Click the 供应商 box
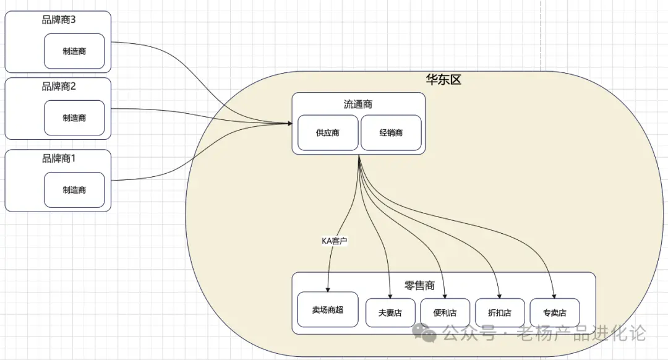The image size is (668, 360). pos(328,132)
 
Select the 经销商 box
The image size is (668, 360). pos(391,132)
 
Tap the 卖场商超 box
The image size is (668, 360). pos(327,309)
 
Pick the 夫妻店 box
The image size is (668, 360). pos(390,312)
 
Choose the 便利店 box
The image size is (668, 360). pos(445,312)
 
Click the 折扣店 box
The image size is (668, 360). pos(500,312)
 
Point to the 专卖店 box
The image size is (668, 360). pos(554,312)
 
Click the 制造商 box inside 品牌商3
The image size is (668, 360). pos(74,51)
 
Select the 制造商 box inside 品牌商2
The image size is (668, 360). pos(74,118)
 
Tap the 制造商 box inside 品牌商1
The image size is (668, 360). pos(74,190)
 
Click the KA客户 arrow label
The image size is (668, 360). pos(335,241)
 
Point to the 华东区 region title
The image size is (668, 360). pos(443,80)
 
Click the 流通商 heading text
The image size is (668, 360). pos(358,104)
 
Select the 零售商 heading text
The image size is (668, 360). pos(419,285)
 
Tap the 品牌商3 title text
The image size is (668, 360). pos(59,20)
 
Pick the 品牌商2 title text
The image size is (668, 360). pos(59,86)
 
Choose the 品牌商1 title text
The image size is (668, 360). pos(59,158)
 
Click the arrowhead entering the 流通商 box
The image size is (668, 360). pos(289,124)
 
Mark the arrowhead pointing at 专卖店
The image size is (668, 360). pos(553,296)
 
